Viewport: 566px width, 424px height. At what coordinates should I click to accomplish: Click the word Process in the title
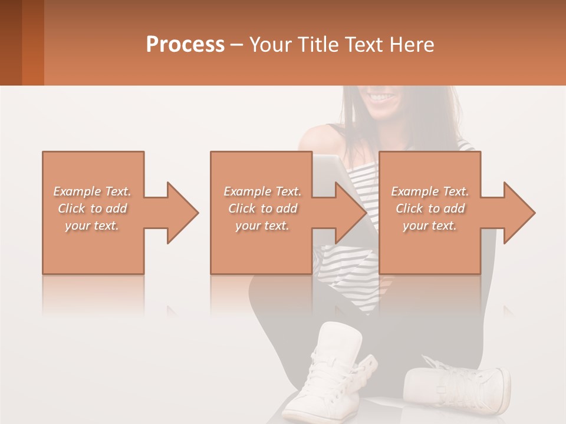[185, 45]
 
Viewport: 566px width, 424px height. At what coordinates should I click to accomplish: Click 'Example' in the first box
[77, 191]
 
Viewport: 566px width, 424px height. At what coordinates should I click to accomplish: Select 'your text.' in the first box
[92, 226]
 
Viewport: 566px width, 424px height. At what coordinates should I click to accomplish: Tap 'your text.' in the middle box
[262, 226]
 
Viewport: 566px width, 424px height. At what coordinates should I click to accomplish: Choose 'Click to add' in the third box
[430, 208]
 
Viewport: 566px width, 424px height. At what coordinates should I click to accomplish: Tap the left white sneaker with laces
[330, 371]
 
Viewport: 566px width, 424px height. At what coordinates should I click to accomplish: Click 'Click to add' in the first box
[92, 208]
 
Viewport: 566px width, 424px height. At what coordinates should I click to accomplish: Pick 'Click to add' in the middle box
[262, 208]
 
